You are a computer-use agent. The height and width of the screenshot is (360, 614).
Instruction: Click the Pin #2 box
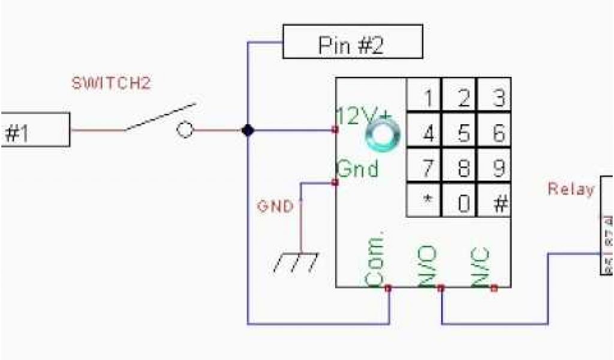pyautogui.click(x=353, y=43)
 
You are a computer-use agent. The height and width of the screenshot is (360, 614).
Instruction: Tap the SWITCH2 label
pyautogui.click(x=112, y=84)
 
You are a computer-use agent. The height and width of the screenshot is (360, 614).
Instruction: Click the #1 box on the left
pyautogui.click(x=35, y=130)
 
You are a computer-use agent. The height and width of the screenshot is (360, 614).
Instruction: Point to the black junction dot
pyautogui.click(x=247, y=130)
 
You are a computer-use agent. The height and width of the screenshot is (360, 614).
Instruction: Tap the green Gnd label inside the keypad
pyautogui.click(x=358, y=169)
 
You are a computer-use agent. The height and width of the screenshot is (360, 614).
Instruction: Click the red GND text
pyautogui.click(x=275, y=207)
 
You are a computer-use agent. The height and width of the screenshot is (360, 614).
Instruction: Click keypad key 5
pyautogui.click(x=463, y=133)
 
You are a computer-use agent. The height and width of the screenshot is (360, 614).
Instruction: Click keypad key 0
pyautogui.click(x=463, y=203)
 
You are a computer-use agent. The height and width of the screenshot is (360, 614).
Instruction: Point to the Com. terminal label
pyautogui.click(x=374, y=258)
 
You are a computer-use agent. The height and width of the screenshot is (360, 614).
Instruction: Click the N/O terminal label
pyautogui.click(x=429, y=265)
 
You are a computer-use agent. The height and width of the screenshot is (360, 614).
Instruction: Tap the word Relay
pyautogui.click(x=571, y=190)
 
